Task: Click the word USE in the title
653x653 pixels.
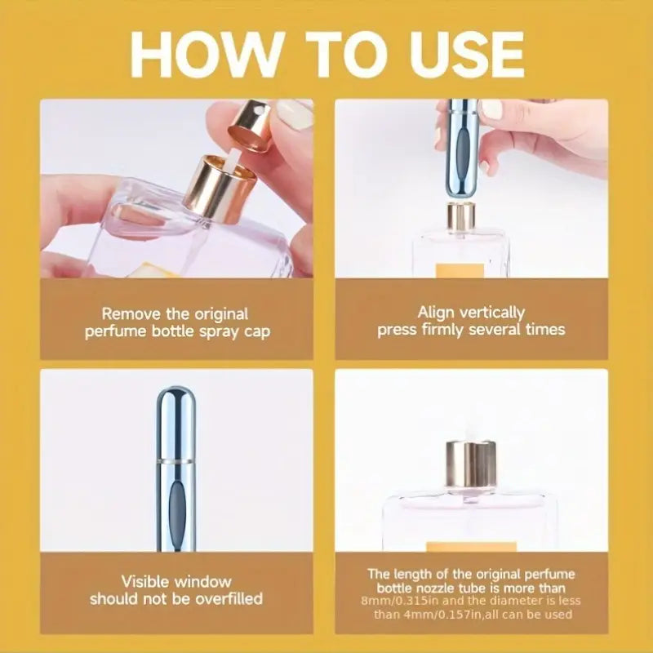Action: click(466, 54)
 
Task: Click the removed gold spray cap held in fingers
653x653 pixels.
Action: click(249, 125)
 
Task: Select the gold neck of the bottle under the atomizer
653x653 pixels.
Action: click(461, 215)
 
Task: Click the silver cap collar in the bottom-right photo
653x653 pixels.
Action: click(471, 464)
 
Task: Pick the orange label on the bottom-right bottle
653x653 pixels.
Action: click(471, 547)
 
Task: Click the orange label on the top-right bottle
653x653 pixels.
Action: click(460, 270)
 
